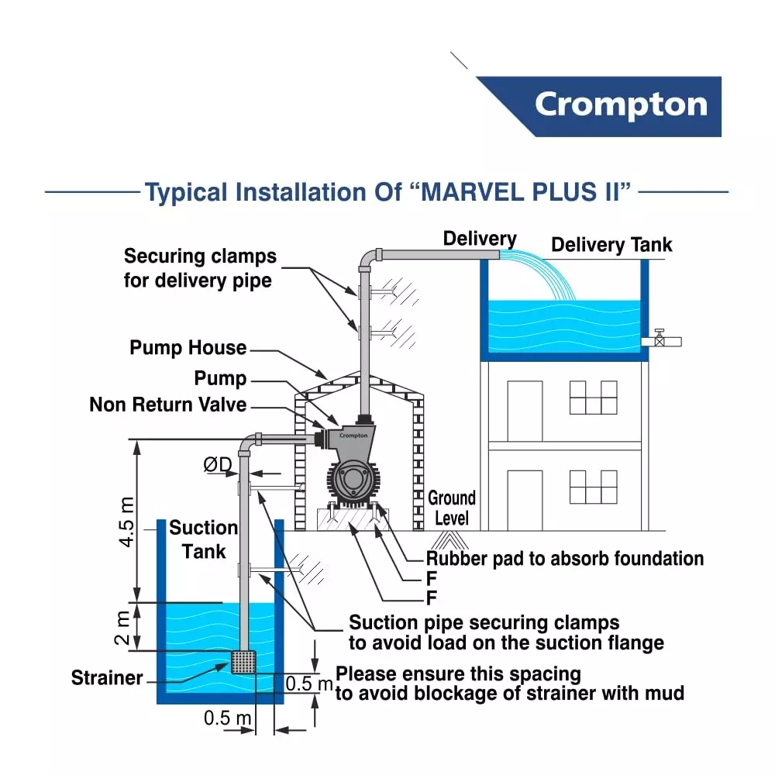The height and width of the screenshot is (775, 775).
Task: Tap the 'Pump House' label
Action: point(188,348)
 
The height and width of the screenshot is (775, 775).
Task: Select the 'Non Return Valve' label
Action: point(167,405)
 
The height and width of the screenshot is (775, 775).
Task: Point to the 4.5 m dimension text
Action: point(126,522)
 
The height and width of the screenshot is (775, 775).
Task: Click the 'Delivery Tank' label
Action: point(611,246)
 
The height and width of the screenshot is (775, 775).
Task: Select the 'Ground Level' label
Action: point(452,508)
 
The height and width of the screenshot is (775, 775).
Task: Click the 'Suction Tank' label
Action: point(204,539)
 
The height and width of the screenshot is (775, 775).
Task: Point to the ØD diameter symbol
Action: point(218,464)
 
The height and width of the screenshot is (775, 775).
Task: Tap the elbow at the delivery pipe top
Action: point(367,257)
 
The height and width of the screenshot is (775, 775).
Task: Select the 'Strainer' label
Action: point(107,678)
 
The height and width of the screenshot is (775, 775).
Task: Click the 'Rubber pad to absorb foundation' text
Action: point(565,559)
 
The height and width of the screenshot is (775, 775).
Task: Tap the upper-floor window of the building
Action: point(593,397)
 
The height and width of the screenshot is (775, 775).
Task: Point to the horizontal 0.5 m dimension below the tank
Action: point(228,718)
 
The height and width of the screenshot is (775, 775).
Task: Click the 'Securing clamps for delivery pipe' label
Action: point(200,267)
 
